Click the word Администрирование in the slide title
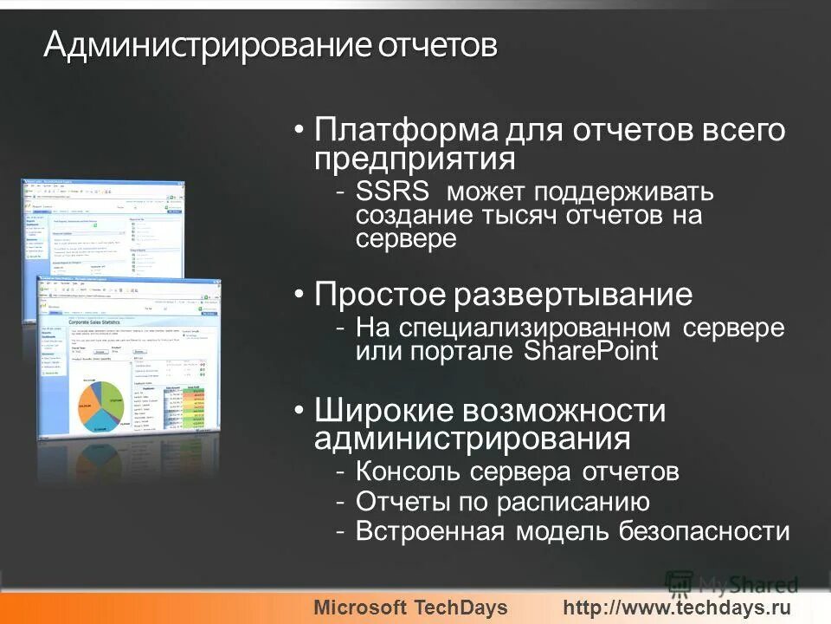[x=207, y=45]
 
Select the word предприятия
[x=415, y=159]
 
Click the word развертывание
[x=573, y=295]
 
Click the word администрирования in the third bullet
[x=473, y=439]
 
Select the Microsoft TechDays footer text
[x=410, y=608]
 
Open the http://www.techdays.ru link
[x=678, y=608]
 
